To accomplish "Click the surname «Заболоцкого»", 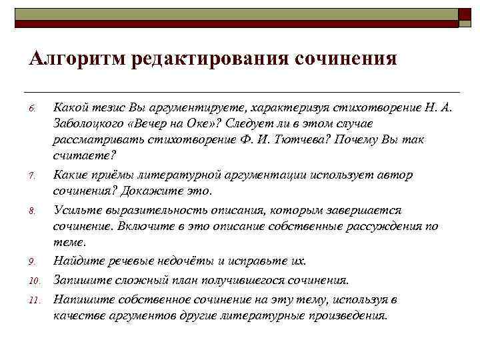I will point(87,124).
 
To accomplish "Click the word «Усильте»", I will point(75,210).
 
